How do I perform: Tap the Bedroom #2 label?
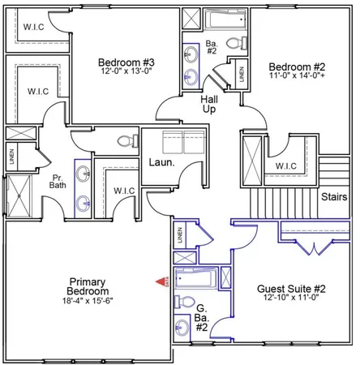click(x=297, y=67)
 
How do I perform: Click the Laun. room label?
click(x=157, y=162)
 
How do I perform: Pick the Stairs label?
click(x=335, y=196)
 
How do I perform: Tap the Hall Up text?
click(x=209, y=103)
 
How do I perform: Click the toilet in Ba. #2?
click(x=232, y=43)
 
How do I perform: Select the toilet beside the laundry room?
click(x=128, y=140)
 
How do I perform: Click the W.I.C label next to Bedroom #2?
click(x=286, y=167)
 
